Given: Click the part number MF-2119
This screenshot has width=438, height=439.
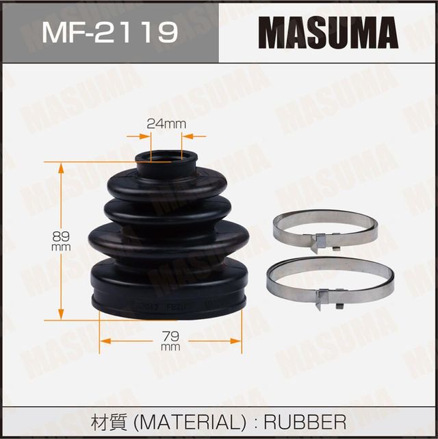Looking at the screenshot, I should (109, 32).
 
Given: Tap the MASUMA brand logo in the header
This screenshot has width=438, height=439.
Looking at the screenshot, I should (329, 32).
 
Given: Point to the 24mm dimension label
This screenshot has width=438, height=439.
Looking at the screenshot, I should (166, 123).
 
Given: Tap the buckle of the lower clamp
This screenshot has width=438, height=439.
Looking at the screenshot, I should (328, 296).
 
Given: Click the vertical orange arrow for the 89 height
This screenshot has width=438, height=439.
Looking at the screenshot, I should (61, 205).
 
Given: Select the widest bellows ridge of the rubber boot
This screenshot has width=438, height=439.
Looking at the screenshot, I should (168, 239).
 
